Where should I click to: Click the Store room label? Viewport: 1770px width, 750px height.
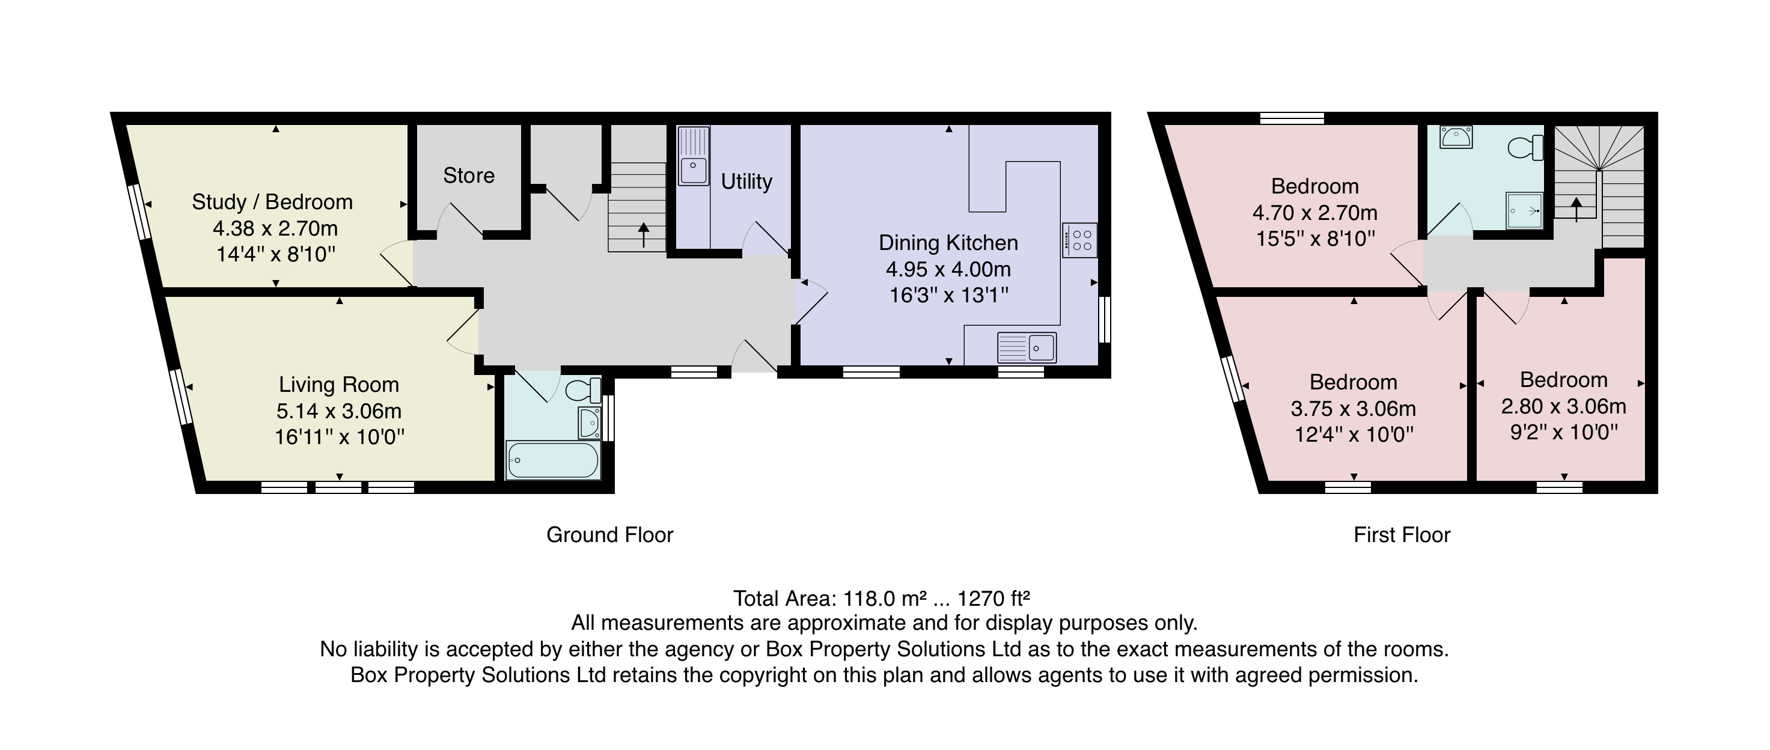click(469, 176)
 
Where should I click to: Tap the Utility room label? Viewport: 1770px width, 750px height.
click(746, 181)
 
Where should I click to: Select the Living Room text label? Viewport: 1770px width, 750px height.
click(339, 385)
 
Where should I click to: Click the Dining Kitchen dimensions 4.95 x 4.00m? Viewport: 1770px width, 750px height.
click(948, 269)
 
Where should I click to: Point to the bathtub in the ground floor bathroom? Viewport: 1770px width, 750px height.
click(552, 460)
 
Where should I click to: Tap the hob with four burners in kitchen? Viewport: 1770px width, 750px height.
click(1079, 240)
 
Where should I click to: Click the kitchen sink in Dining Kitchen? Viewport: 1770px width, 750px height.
click(1027, 348)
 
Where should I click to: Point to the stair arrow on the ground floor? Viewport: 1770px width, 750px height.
click(643, 234)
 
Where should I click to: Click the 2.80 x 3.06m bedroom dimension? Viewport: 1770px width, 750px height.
click(1563, 407)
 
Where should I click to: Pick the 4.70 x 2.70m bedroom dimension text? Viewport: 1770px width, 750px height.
click(1314, 213)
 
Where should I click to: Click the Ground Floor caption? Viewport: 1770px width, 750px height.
click(609, 535)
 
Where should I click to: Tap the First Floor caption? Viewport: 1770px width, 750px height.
click(1402, 535)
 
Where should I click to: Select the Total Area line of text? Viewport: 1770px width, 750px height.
click(881, 599)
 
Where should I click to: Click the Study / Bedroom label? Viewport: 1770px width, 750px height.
click(272, 202)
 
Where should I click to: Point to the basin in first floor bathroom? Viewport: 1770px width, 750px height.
click(1454, 138)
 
